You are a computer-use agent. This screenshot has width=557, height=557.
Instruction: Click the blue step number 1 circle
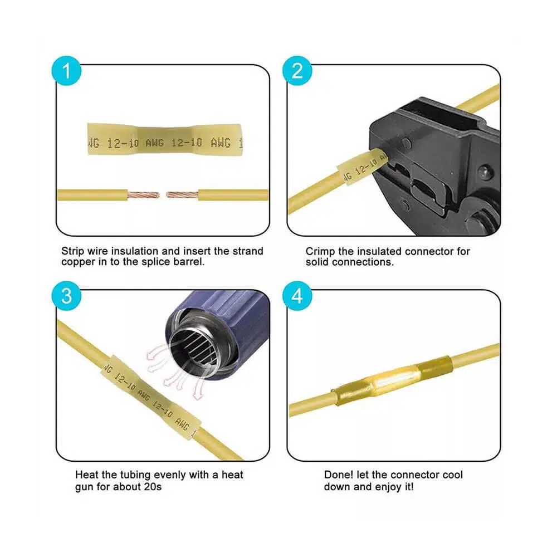[66, 71]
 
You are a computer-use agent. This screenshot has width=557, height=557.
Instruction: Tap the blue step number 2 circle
[297, 71]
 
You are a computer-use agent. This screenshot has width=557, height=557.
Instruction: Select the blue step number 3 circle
[66, 296]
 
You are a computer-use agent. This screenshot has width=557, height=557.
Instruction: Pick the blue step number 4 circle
[297, 296]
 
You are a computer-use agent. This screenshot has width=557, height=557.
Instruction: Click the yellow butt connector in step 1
[165, 139]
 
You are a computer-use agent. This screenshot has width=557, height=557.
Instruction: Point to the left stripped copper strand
[144, 195]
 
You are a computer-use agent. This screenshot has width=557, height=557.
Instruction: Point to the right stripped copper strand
[182, 194]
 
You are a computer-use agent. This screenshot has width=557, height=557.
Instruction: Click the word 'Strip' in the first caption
[73, 251]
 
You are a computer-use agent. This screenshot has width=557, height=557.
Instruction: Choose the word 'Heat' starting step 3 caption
[87, 475]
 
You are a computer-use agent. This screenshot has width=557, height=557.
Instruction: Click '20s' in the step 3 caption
[153, 486]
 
